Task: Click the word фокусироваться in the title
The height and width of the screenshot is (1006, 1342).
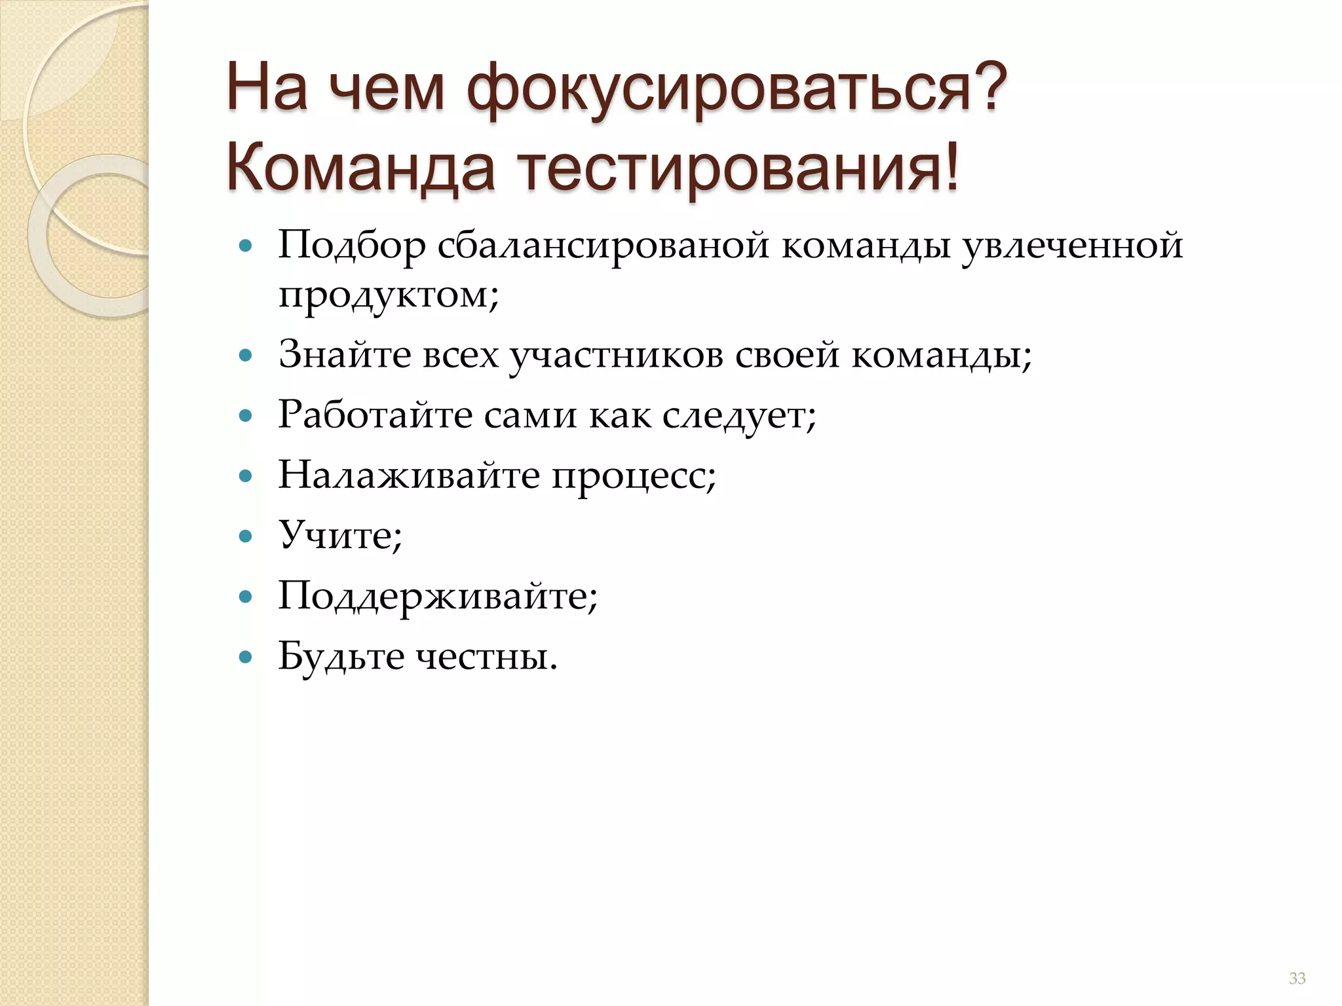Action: click(737, 88)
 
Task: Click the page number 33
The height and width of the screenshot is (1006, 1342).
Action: click(1297, 978)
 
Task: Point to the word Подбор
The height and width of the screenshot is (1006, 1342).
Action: click(351, 246)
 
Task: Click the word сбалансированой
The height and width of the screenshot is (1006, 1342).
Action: click(602, 246)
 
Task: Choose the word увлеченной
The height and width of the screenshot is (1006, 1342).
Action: click(1072, 246)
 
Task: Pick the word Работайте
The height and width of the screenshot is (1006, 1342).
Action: click(375, 415)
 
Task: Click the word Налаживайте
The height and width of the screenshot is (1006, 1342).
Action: click(409, 475)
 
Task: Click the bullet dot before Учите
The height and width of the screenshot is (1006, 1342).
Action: click(246, 537)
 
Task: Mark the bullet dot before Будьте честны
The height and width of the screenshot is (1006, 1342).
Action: click(246, 657)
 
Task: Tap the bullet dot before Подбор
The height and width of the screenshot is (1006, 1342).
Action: click(246, 247)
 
